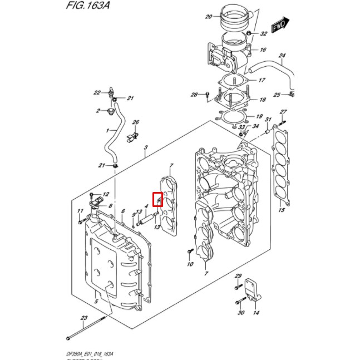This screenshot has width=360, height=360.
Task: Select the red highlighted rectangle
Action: pos(157,199)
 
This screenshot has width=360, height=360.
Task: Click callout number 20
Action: pos(208,17)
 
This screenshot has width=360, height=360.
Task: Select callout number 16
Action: pos(263,50)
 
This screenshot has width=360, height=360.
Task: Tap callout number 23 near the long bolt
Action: pos(83,318)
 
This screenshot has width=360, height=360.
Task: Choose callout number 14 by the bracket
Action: pos(256,313)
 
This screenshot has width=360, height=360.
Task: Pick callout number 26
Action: pos(135,122)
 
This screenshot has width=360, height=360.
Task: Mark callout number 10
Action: pos(190,264)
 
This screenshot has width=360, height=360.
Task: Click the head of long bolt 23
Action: pos(68,338)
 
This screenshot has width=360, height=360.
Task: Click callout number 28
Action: pos(194,95)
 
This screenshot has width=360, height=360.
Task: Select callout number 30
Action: pos(241,313)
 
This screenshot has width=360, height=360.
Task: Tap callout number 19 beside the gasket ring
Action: pos(259,116)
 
